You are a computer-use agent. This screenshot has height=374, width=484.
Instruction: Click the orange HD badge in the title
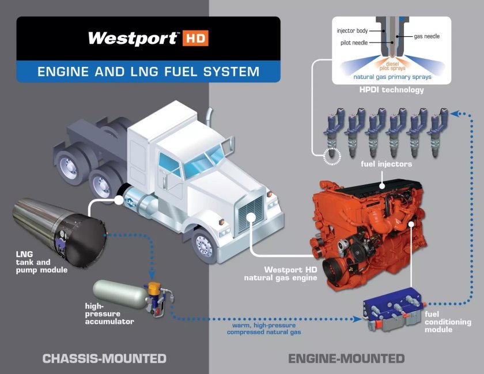coord(195,38)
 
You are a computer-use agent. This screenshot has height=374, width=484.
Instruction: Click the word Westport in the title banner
coord(133,38)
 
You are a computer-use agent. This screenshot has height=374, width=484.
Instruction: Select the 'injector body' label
coord(352,31)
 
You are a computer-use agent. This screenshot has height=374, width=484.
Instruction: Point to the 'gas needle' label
coord(426,36)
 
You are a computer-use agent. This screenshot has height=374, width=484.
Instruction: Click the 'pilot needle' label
coord(354,43)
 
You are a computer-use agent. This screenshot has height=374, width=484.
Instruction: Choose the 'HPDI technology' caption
coord(391,90)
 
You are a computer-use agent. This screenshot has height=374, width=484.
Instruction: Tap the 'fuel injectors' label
coord(386,164)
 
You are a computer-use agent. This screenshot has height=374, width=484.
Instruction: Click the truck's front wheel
coord(204,247)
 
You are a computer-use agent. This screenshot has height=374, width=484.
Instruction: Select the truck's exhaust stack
coord(209,117)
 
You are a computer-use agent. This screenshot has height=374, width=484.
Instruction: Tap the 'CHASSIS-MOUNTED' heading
coord(104,358)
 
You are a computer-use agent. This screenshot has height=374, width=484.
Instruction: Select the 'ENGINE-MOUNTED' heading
coord(346,358)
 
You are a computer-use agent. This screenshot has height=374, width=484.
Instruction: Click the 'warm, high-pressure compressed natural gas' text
coord(264,329)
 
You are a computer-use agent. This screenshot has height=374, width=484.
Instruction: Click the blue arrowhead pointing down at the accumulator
coord(152,274)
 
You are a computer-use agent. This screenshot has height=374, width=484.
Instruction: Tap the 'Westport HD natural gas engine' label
coord(280,274)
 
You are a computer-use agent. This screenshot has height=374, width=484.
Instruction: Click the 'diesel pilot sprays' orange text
coord(392,66)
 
